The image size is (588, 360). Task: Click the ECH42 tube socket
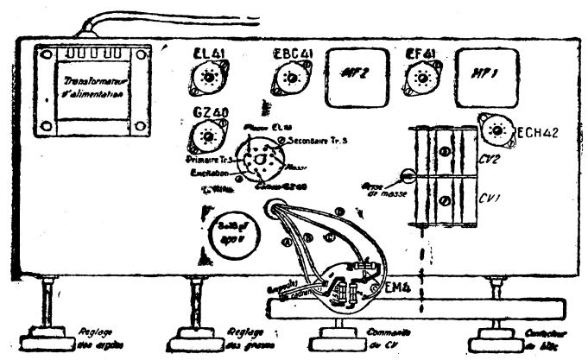[x=496, y=130]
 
